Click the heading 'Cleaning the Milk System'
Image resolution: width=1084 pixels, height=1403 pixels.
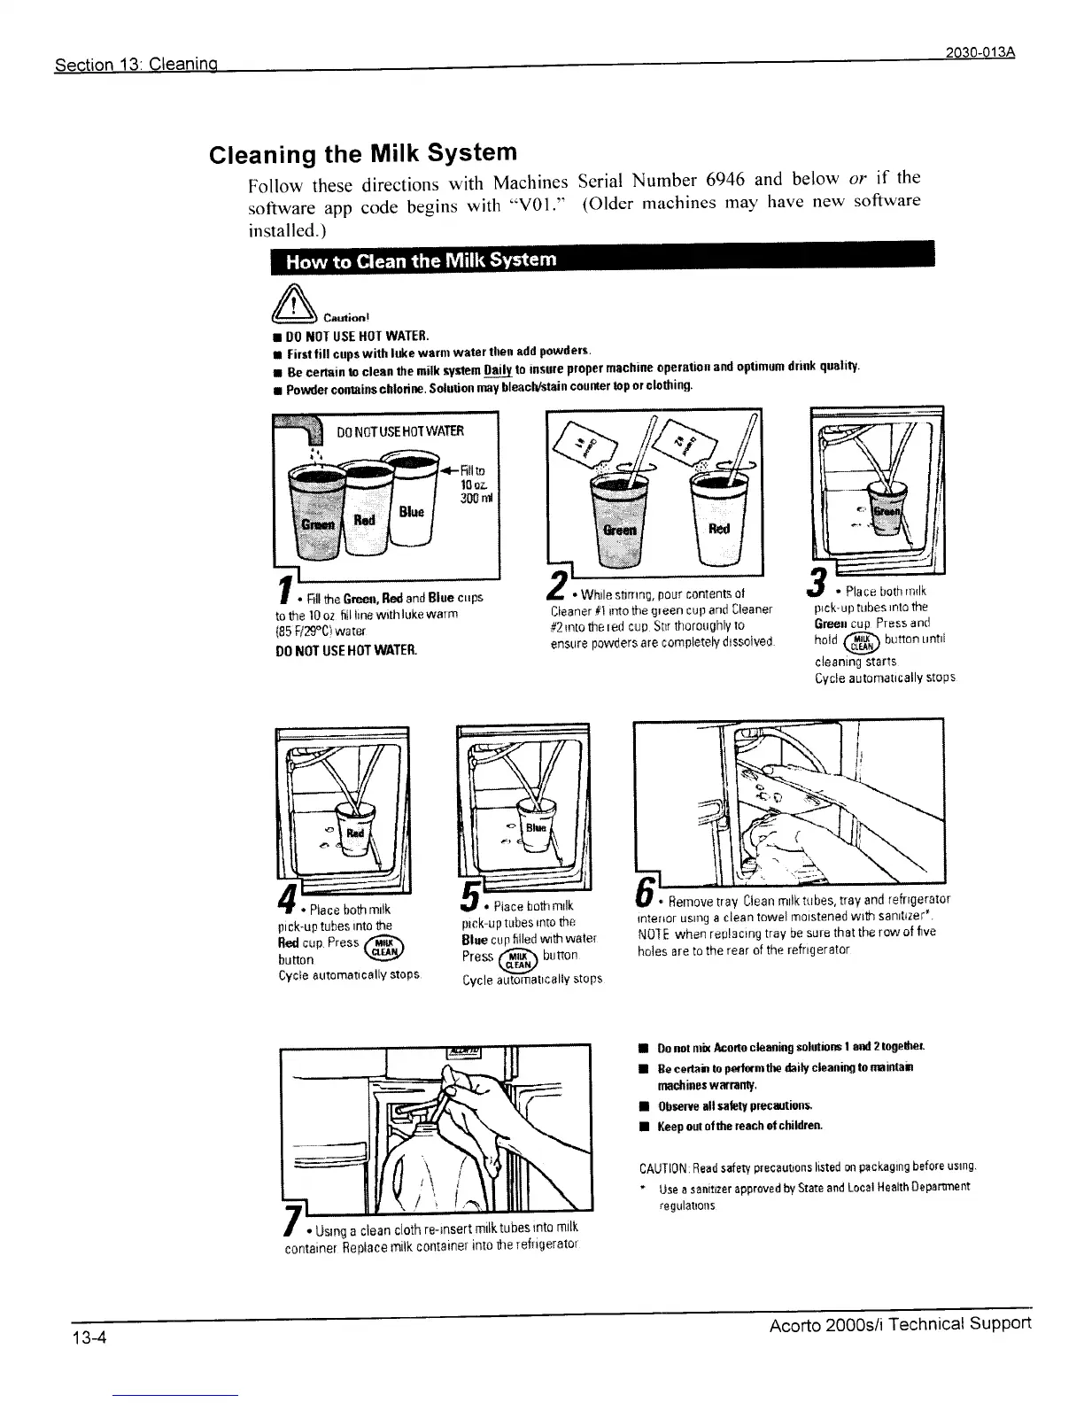click(x=361, y=153)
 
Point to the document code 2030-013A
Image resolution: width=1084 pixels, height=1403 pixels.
click(x=979, y=51)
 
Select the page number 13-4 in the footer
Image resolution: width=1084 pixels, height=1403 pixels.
click(x=89, y=1337)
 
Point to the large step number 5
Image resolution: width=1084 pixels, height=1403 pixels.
click(x=471, y=899)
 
